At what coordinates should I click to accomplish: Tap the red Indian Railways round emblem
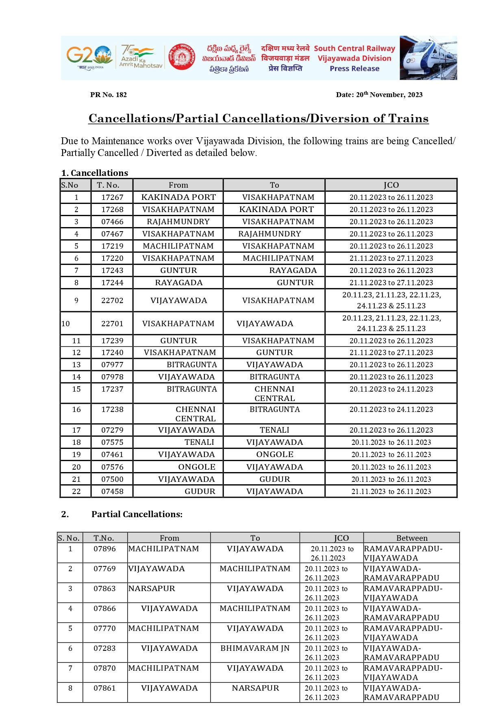click(x=182, y=57)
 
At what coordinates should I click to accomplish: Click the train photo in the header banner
click(x=428, y=58)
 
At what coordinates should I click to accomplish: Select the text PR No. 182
click(x=109, y=95)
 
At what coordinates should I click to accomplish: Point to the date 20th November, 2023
click(x=379, y=95)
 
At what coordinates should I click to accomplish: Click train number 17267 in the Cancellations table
click(x=112, y=197)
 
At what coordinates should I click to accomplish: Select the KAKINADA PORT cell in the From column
click(x=178, y=197)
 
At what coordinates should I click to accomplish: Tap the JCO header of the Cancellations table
click(x=391, y=185)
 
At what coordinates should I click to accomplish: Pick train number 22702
click(x=112, y=301)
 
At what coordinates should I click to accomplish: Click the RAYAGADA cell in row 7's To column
click(x=293, y=271)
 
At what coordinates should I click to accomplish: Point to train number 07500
click(x=112, y=479)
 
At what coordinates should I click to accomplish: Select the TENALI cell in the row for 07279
click(x=274, y=430)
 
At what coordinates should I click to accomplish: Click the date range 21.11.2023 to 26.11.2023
click(x=391, y=492)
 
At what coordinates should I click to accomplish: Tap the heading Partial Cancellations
click(x=137, y=514)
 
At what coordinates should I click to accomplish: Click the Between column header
click(x=412, y=538)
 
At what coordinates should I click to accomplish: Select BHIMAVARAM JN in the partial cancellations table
click(x=255, y=648)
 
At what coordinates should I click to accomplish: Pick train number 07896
click(x=104, y=549)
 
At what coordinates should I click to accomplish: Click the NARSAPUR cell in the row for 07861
click(x=255, y=688)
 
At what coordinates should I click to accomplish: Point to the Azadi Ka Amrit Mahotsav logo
click(x=140, y=57)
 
